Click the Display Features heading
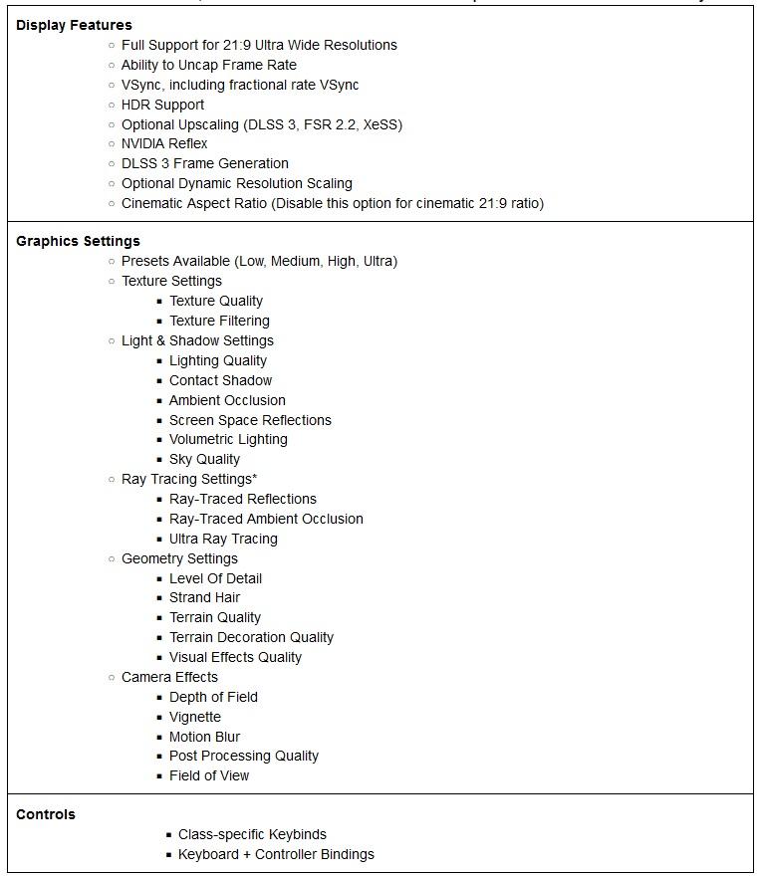point(74,25)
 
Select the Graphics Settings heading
point(78,241)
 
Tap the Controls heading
point(46,814)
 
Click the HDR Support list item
point(162,105)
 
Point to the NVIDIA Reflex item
point(164,143)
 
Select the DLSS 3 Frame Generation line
point(204,163)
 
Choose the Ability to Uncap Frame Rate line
point(209,65)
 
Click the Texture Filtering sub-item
point(219,321)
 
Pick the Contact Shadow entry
point(220,380)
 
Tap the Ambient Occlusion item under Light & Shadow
point(227,400)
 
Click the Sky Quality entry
point(204,459)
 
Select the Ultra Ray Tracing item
point(223,539)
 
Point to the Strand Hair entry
point(204,597)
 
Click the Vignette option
point(195,717)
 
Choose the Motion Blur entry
point(204,737)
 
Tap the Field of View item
point(209,775)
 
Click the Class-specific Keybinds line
point(252,834)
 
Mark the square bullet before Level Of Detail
point(159,578)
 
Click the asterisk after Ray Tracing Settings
point(254,478)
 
